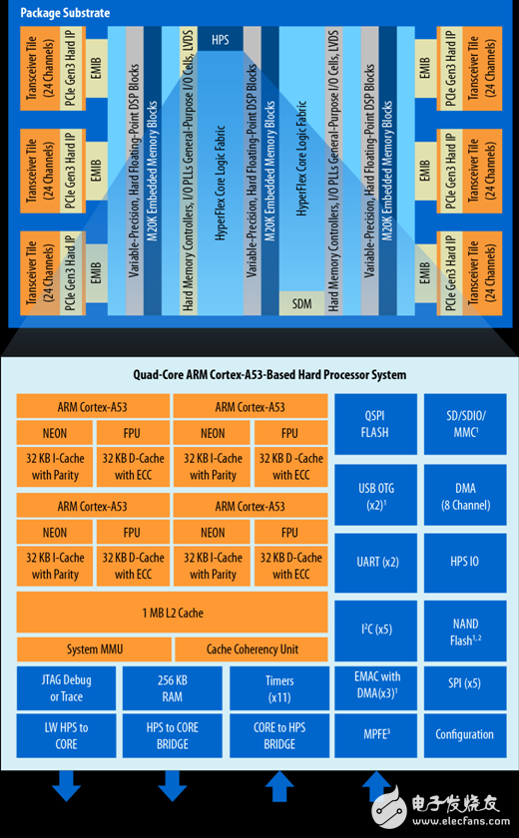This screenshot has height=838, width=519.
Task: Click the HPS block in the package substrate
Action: pos(220,41)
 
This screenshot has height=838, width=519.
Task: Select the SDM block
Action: pos(301,302)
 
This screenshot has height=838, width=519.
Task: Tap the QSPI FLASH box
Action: pos(374,426)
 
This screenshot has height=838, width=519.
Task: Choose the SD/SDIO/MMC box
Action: pos(464,426)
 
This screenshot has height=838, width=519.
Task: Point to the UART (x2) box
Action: pos(374,562)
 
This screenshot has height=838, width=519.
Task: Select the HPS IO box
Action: pos(464,562)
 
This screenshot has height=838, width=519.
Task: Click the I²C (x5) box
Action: pos(374,629)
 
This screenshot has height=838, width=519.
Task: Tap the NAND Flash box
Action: pos(464,629)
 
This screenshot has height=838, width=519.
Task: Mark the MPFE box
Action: pos(374,734)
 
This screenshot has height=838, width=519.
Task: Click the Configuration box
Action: pos(464,734)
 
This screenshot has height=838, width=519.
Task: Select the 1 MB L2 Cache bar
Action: pos(172,614)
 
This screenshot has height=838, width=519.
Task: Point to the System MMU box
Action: pos(96,649)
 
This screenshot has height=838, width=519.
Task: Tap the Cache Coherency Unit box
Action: pos(253,649)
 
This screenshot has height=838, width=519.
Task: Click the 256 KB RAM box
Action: pos(172,688)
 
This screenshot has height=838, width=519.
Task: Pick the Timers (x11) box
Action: pos(278,688)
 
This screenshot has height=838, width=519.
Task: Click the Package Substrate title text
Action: pos(65,13)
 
